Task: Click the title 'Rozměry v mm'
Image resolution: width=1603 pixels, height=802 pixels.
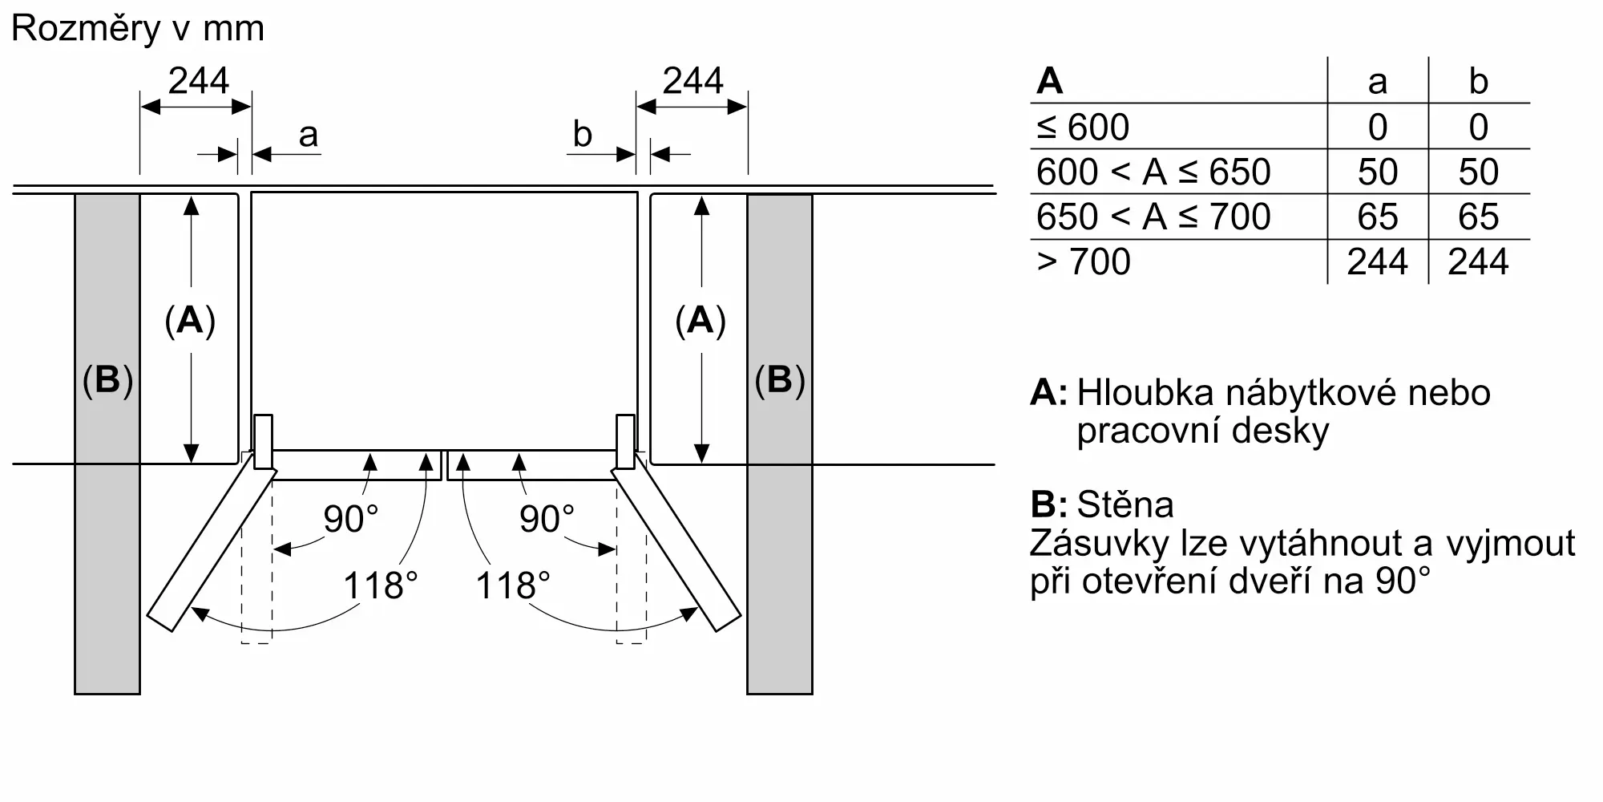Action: click(x=137, y=29)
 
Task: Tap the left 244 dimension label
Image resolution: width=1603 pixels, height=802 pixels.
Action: click(x=198, y=81)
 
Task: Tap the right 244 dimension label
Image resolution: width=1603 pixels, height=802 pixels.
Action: click(x=692, y=81)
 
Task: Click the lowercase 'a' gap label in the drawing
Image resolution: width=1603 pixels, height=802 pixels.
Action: click(x=308, y=136)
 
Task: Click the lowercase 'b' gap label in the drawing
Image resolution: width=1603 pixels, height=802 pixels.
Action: click(x=582, y=135)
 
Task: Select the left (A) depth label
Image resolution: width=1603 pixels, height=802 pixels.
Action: click(x=190, y=321)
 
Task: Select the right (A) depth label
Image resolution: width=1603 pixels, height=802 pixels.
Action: click(x=701, y=321)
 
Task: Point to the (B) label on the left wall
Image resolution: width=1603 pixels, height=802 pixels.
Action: click(x=107, y=379)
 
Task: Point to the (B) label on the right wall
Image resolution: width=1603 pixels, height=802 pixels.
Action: click(x=779, y=379)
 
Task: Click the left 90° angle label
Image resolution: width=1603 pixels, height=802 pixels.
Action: click(x=350, y=519)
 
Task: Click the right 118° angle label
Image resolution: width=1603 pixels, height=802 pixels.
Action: click(x=513, y=585)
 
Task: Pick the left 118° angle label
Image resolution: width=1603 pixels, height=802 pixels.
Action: click(x=381, y=585)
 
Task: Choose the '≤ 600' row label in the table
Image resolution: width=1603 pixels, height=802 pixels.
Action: click(x=1083, y=127)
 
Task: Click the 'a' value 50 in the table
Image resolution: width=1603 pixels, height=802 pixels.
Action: click(x=1377, y=172)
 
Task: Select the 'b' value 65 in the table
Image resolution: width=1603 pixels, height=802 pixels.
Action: click(x=1478, y=217)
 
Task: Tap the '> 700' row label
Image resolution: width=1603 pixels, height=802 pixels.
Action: click(x=1083, y=261)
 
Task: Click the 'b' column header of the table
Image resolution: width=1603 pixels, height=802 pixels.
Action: click(x=1478, y=81)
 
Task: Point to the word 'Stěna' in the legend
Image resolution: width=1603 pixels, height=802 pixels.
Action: click(x=1125, y=504)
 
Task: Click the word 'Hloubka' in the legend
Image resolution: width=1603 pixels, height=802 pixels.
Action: click(x=1145, y=393)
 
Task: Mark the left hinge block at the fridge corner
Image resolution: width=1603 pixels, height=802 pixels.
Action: click(x=263, y=441)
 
